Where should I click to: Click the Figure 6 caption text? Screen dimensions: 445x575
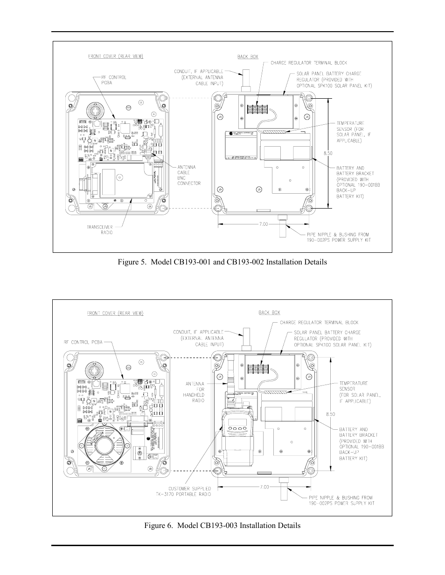click(222, 525)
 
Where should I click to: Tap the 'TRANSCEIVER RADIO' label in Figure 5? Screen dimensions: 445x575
click(100, 230)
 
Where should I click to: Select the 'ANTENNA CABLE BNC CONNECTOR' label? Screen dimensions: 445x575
click(189, 175)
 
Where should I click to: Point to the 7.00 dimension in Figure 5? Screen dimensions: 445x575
click(263, 224)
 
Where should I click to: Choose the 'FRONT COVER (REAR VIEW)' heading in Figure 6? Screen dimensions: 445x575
click(115, 313)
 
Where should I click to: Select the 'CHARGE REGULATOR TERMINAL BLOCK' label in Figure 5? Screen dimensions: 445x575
click(308, 63)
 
